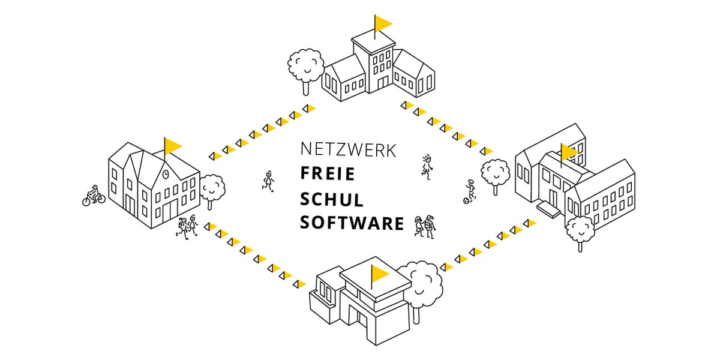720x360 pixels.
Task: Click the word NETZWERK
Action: (348, 149)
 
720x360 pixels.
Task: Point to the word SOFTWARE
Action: (352, 223)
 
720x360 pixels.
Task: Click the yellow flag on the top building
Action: (382, 23)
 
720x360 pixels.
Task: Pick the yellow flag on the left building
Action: (173, 145)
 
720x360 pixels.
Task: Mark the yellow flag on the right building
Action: (568, 152)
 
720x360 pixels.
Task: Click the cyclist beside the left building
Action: (94, 196)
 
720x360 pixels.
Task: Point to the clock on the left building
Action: (165, 175)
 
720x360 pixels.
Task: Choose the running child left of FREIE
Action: (268, 181)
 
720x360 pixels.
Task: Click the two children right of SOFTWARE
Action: (424, 227)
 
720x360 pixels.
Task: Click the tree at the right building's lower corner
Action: (579, 230)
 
